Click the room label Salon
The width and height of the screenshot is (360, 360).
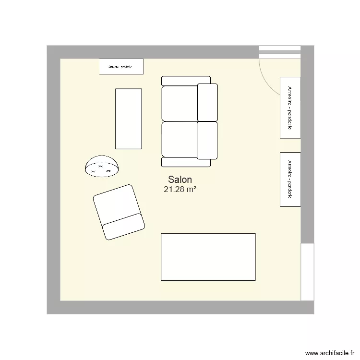coord(180,179)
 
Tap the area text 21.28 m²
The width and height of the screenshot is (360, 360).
coord(180,190)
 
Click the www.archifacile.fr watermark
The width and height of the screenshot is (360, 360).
coord(330,353)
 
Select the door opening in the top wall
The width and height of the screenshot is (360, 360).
coord(280,52)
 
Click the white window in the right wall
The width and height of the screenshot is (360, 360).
coord(307,271)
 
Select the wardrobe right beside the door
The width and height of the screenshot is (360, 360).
coord(290,108)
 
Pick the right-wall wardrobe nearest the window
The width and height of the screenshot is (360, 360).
coord(290,180)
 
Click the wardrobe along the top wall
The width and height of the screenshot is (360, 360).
coord(121,67)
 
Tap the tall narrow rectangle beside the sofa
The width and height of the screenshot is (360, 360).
coord(129,119)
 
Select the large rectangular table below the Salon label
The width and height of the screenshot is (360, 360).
coord(208,256)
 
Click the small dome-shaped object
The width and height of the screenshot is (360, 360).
coord(102,166)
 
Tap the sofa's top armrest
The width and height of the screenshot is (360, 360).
coord(186,81)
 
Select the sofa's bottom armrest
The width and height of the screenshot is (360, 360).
coord(186,162)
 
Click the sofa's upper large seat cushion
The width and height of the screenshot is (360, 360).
coord(180,103)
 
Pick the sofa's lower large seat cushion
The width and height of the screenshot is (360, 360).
coord(180,139)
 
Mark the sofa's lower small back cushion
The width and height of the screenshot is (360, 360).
coord(207,140)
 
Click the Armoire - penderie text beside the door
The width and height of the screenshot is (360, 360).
coord(289,108)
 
